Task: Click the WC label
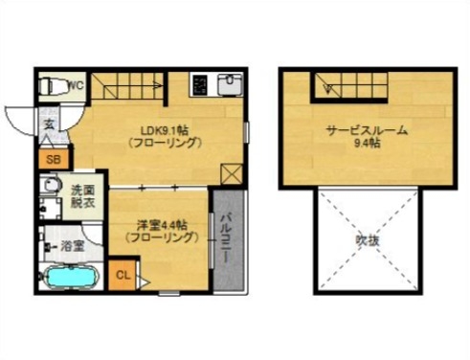coord(77,84)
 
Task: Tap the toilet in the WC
coord(53,85)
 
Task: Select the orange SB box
coord(53,159)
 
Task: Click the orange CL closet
coord(123,276)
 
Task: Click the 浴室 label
coord(73,246)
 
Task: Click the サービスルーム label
coord(367,131)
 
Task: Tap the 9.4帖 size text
coord(367,145)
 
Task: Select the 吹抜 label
coord(369,239)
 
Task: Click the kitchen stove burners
coord(200,85)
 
